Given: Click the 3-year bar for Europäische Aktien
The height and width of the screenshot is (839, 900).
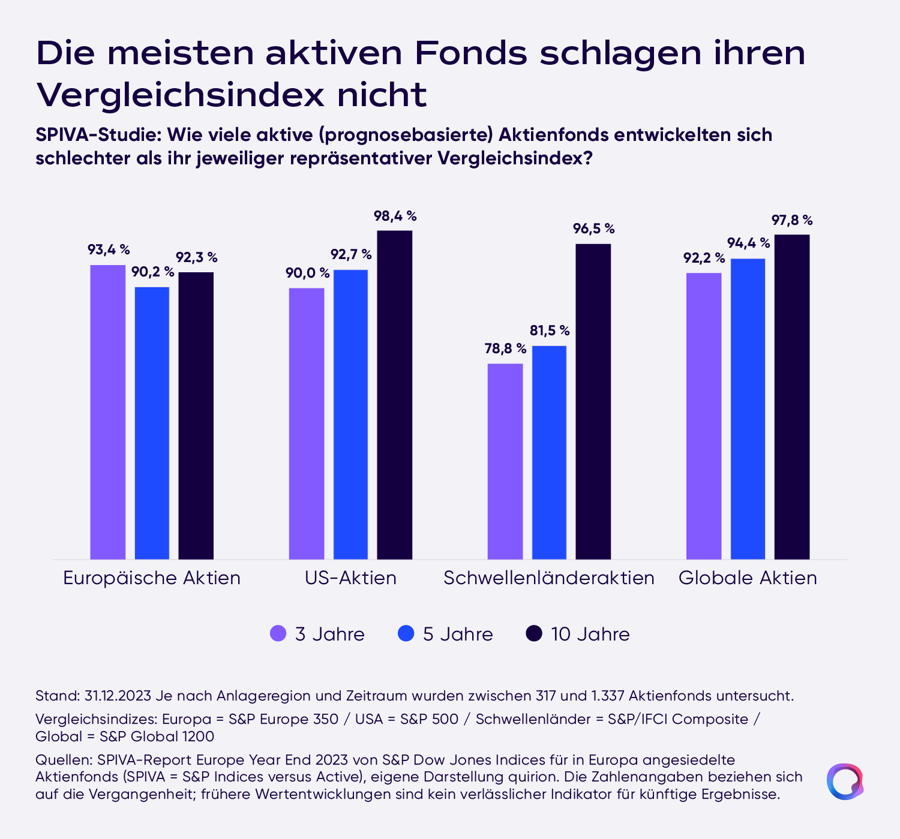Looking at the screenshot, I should click(x=108, y=412).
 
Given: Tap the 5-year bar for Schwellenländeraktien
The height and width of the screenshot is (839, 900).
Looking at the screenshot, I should click(x=549, y=452).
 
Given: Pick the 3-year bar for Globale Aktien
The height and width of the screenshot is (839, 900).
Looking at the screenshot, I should click(x=704, y=416).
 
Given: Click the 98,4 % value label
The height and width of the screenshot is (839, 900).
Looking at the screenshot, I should click(x=395, y=216).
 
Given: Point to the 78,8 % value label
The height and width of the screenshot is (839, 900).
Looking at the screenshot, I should click(x=505, y=348).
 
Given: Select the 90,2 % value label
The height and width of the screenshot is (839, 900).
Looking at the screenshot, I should click(x=152, y=272).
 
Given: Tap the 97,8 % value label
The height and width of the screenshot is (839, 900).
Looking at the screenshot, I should click(x=792, y=220).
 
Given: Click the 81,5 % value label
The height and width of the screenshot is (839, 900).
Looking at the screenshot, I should click(x=550, y=330).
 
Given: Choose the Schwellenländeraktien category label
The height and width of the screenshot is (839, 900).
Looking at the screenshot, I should click(x=548, y=578).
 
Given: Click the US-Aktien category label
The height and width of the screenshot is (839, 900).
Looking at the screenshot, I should click(x=350, y=578).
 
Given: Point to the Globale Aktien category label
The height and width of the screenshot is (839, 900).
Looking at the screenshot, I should click(x=748, y=578).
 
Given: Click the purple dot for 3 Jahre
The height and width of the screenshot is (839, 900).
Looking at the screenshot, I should click(x=278, y=633).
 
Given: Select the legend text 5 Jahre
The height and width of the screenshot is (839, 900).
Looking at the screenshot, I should click(x=458, y=634).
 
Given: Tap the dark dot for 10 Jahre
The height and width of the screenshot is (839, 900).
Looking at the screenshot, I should click(x=533, y=633).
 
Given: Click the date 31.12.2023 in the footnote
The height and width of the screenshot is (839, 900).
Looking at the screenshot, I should click(x=118, y=696).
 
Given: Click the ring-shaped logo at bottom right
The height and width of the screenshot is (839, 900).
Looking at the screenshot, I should click(x=845, y=781).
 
